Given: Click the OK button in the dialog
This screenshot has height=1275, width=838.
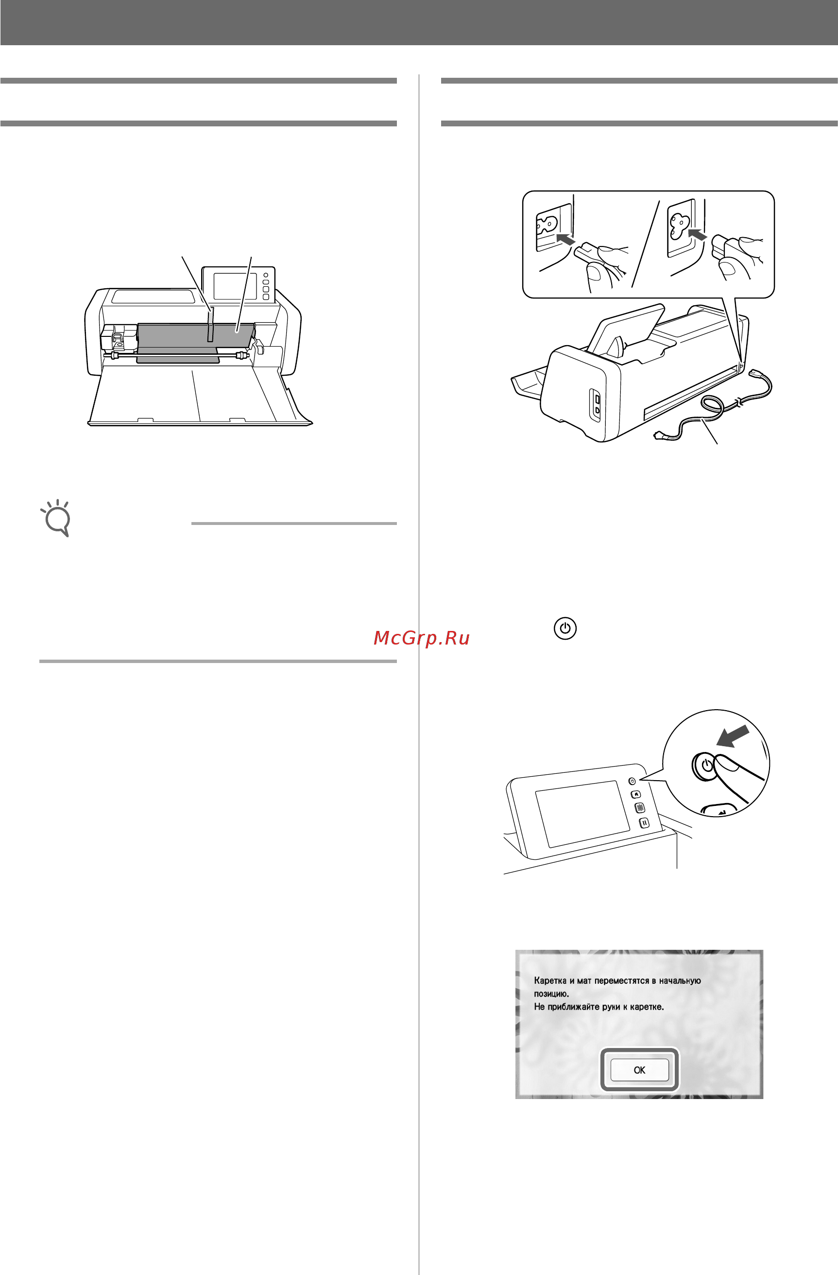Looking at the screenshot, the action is point(639,1070).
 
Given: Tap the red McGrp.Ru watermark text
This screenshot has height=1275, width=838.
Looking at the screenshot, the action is point(421,638).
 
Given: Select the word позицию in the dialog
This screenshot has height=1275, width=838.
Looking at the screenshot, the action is point(551,994).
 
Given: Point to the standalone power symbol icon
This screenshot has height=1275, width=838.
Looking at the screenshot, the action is point(565,628).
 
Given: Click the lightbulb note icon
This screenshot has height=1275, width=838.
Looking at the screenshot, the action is point(56,518).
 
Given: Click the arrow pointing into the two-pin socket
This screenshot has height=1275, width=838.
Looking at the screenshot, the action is point(565,238).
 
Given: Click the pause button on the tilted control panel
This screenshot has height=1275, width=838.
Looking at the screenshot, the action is point(644,822).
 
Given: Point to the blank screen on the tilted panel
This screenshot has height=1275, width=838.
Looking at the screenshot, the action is point(582,814).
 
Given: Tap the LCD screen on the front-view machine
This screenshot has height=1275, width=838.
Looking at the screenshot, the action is point(235,286).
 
